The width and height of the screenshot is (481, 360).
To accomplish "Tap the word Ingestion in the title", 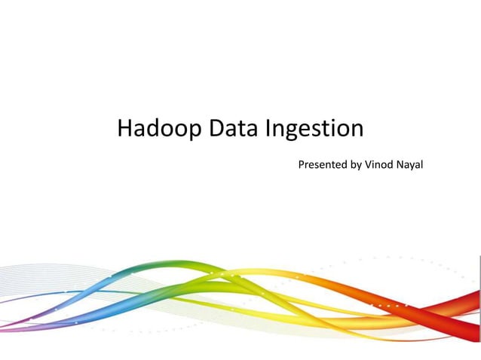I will point(314,130).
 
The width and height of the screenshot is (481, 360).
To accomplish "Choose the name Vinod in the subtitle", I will point(379,164).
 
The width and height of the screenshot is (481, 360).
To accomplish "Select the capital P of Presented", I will point(302,164).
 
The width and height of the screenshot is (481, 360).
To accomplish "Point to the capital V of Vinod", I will point(368,164).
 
